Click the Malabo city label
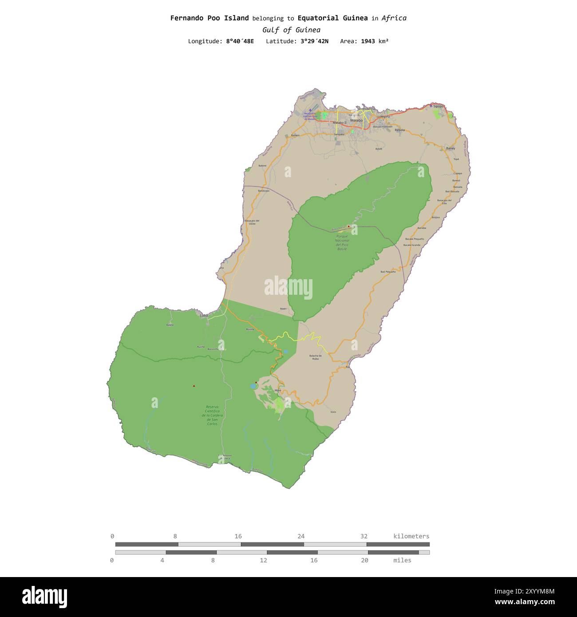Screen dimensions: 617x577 (x=356, y=120)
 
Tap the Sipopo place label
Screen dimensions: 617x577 (x=438, y=107)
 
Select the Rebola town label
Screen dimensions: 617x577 (x=399, y=130)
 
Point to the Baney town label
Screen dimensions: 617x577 (x=451, y=148)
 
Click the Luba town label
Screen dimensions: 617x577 (x=204, y=315)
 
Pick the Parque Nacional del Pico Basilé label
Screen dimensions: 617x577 (x=342, y=243)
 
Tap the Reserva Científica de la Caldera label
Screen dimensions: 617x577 (x=212, y=415)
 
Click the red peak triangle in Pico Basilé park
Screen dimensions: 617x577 (x=349, y=226)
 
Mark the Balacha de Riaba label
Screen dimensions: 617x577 (x=315, y=357)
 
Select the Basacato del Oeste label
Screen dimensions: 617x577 (x=252, y=222)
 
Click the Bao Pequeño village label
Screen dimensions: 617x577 (x=388, y=272)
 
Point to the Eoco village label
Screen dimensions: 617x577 (x=333, y=412)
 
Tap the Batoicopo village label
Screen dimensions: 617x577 (x=264, y=191)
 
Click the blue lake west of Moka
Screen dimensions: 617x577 (x=253, y=386)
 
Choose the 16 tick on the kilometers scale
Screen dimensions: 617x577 (x=238, y=536)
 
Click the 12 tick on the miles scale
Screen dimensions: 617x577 (x=264, y=560)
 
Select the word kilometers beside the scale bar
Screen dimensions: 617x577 (x=411, y=536)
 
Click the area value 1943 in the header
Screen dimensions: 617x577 (x=368, y=41)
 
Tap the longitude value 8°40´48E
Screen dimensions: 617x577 (x=240, y=41)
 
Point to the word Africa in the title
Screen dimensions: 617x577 (x=394, y=18)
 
